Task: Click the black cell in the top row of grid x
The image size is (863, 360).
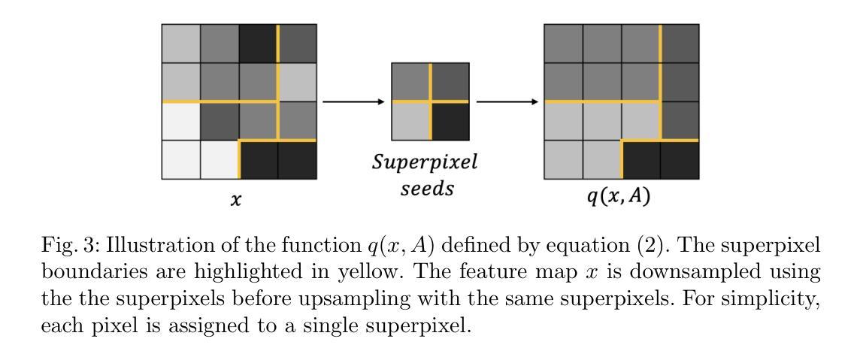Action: click(259, 44)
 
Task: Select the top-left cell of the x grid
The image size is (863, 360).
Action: click(181, 44)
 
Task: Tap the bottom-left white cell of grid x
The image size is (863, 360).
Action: click(181, 159)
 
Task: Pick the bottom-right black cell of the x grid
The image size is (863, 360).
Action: click(297, 159)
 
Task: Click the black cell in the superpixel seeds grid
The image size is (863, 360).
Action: click(450, 121)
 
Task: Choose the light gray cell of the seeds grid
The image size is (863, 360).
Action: click(410, 121)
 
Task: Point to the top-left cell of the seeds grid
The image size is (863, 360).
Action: click(410, 82)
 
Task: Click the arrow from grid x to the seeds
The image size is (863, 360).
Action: click(353, 101)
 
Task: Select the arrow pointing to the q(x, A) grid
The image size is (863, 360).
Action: click(507, 101)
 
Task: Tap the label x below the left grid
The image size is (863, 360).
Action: click(236, 199)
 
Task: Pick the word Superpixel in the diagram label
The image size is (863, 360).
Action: click(425, 163)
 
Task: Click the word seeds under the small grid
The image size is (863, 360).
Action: click(426, 188)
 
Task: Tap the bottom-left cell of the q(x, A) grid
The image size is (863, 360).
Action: click(564, 159)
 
